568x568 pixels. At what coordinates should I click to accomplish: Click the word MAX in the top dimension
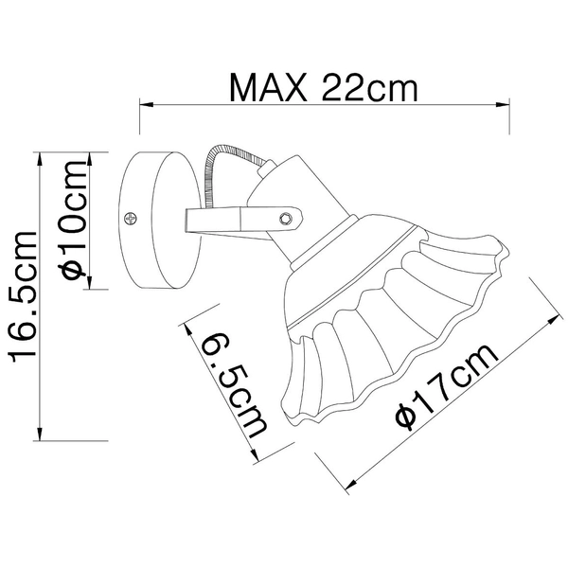tap(269, 87)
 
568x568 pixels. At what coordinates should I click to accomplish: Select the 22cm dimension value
tap(369, 87)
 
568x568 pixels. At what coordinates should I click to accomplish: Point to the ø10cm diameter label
tap(74, 220)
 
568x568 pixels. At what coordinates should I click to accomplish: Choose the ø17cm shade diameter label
tap(447, 387)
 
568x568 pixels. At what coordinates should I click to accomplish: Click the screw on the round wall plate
tap(130, 218)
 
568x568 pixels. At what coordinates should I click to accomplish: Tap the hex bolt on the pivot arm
tap(286, 219)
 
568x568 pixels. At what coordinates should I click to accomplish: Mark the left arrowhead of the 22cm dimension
tap(147, 105)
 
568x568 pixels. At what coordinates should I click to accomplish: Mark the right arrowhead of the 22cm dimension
tap(503, 105)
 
